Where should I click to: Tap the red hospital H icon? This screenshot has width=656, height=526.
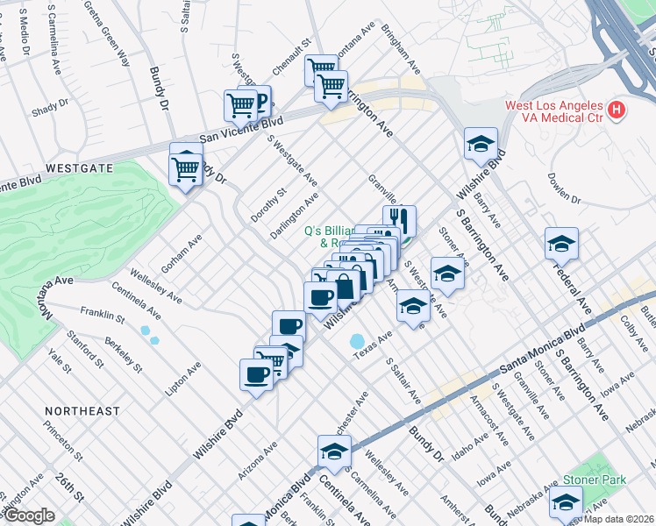click(x=617, y=110)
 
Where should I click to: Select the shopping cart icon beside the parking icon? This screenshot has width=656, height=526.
click(x=239, y=105)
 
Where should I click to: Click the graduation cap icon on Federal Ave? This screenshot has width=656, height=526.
click(x=561, y=243)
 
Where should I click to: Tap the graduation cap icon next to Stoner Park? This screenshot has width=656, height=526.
click(x=566, y=500)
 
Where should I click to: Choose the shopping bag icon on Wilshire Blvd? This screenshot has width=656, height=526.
click(x=346, y=286)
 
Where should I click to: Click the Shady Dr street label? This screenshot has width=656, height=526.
click(x=45, y=110)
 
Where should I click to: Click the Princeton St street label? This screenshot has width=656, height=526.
click(x=66, y=445)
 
